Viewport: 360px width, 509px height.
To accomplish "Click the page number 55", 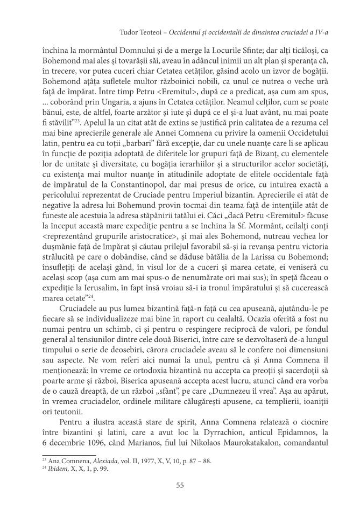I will (x=180, y=485).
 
